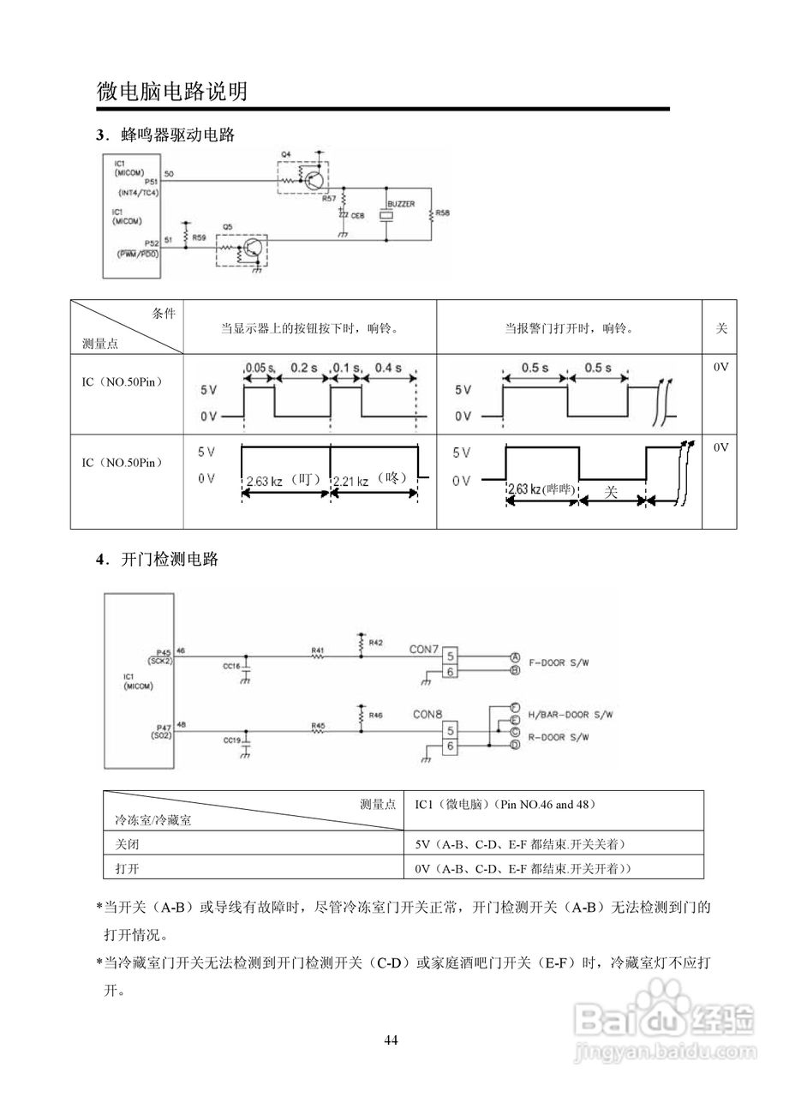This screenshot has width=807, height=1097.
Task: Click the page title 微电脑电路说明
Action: click(172, 92)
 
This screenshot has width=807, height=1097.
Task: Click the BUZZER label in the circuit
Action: click(401, 204)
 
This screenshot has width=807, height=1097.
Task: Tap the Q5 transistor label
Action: click(227, 228)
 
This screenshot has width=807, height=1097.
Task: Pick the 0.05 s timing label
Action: click(259, 368)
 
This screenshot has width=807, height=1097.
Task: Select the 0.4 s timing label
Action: click(388, 368)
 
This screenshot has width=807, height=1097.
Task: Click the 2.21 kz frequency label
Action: click(350, 482)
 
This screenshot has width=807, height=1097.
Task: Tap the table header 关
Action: click(720, 327)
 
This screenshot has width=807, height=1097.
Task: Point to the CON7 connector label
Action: click(425, 650)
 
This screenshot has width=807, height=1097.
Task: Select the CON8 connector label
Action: click(427, 714)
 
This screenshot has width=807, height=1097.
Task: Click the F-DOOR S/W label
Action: click(561, 662)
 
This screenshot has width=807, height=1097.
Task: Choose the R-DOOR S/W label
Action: click(561, 737)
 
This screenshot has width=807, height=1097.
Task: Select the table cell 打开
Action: click(128, 867)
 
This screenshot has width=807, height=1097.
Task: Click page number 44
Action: click(391, 1040)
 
